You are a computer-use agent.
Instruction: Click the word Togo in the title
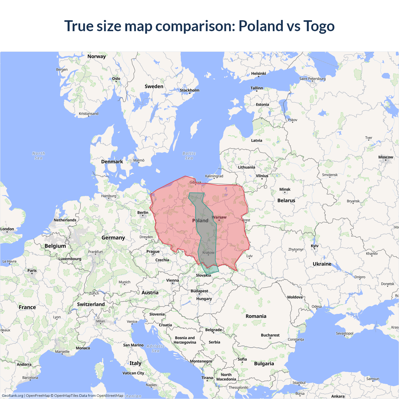click(x=319, y=26)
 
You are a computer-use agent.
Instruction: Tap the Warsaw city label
click(x=219, y=217)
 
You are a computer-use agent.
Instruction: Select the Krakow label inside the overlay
click(x=209, y=252)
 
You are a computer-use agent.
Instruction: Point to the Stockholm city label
click(x=190, y=90)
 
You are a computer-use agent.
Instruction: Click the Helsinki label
click(x=259, y=74)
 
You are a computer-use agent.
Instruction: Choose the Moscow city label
click(x=386, y=157)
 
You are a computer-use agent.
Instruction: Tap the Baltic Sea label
click(x=189, y=156)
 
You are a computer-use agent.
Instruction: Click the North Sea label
click(x=39, y=156)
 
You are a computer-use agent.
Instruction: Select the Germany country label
click(x=113, y=238)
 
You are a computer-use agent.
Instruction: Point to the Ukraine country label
click(x=322, y=264)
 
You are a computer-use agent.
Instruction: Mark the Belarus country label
click(x=286, y=200)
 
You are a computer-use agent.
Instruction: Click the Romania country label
click(x=256, y=316)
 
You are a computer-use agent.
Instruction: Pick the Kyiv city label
click(x=315, y=246)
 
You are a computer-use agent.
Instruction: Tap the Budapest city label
click(x=199, y=291)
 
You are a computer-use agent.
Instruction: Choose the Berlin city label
click(x=143, y=213)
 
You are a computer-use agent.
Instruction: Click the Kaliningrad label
click(x=214, y=176)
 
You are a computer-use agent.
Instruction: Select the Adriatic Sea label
click(x=156, y=348)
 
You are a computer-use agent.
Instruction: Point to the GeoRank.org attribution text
click(x=12, y=396)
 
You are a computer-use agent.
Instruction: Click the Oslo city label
click(x=116, y=79)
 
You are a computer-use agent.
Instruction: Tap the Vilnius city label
click(x=262, y=176)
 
